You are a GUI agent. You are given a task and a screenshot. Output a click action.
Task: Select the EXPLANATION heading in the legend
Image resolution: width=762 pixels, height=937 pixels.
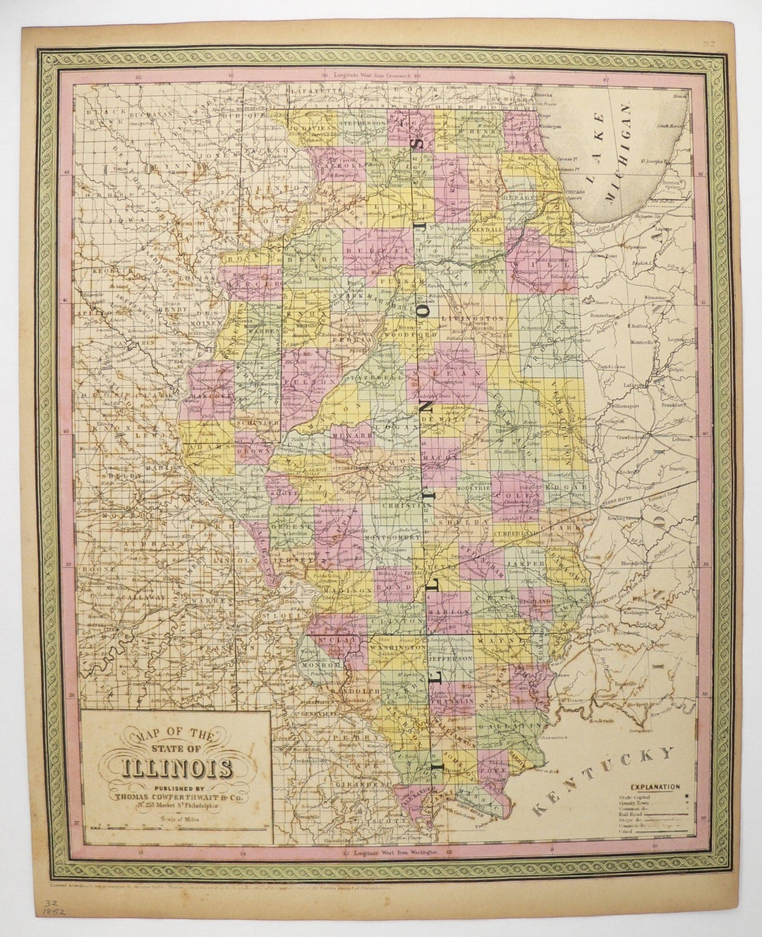point(651,785)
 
